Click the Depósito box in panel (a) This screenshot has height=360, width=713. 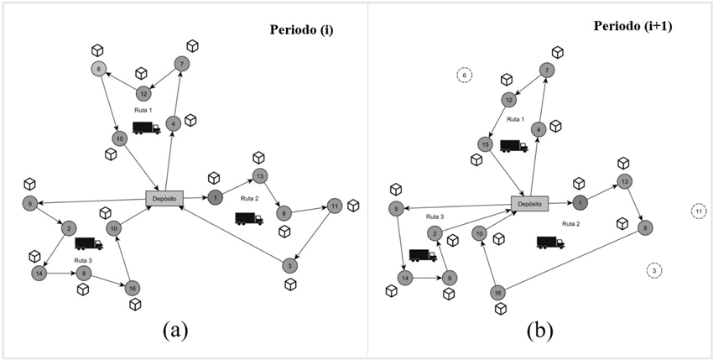click(x=164, y=197)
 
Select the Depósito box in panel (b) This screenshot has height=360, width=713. click(x=528, y=202)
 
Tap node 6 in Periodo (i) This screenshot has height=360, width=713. click(x=99, y=69)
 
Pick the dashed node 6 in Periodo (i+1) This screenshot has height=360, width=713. click(x=463, y=75)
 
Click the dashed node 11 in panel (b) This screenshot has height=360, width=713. click(x=699, y=211)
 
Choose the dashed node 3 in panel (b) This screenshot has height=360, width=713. click(x=655, y=270)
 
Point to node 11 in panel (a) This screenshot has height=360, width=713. click(x=334, y=206)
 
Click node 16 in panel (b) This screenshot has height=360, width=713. click(x=498, y=292)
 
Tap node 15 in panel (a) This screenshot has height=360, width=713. click(x=120, y=138)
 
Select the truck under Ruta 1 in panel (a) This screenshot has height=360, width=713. click(x=147, y=128)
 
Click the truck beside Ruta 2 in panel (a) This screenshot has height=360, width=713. click(x=249, y=219)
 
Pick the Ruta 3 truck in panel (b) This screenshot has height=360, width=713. click(x=423, y=255)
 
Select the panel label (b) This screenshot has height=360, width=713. click(x=539, y=330)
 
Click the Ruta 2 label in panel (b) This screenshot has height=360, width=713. click(x=570, y=224)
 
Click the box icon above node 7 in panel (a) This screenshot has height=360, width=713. click(x=192, y=45)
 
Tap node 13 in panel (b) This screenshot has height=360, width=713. click(x=624, y=181)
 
